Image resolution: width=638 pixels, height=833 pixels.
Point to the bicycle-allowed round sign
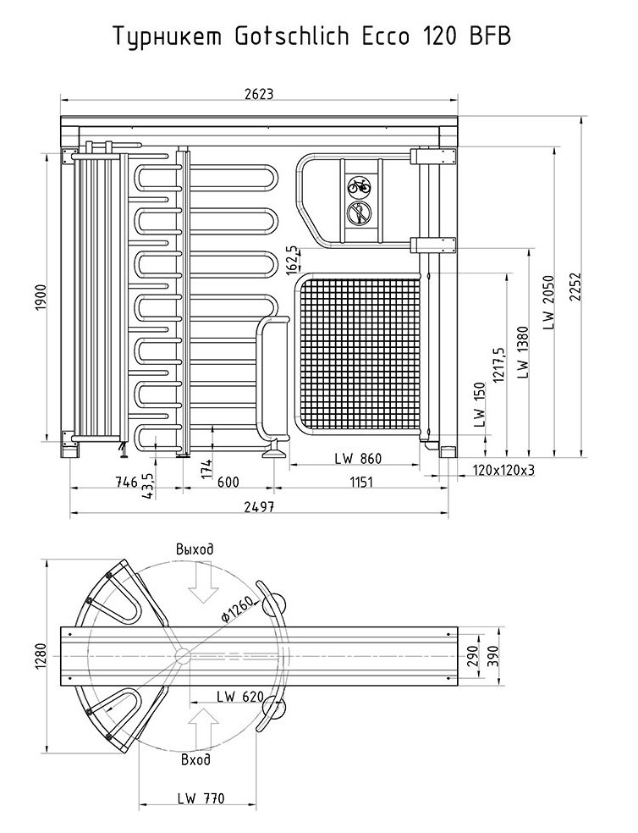(358, 185)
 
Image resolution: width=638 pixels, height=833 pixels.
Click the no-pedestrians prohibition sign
(359, 213)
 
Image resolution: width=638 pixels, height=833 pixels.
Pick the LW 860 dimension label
(358, 459)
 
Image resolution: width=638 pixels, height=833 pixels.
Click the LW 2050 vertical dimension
(548, 302)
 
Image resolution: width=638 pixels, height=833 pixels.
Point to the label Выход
(195, 549)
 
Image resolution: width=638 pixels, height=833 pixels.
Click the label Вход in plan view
(196, 760)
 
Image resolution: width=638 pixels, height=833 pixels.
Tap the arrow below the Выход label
(203, 584)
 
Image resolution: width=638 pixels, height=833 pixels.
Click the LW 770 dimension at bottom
(201, 797)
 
